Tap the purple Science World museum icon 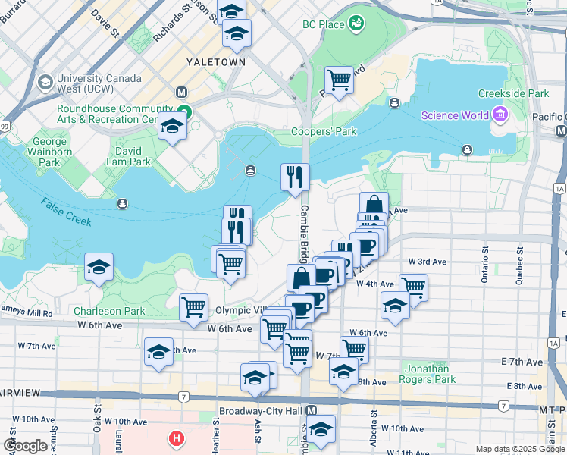pyautogui.click(x=499, y=115)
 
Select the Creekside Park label pyautogui.click(x=513, y=93)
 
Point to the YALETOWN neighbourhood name pyautogui.click(x=217, y=61)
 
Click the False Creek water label pyautogui.click(x=67, y=212)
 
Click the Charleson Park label pyautogui.click(x=109, y=311)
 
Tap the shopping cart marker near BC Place pyautogui.click(x=339, y=79)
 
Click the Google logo pyautogui.click(x=25, y=446)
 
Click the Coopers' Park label pyautogui.click(x=324, y=131)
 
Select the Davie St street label pyautogui.click(x=105, y=21)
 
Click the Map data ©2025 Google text pyautogui.click(x=519, y=449)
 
